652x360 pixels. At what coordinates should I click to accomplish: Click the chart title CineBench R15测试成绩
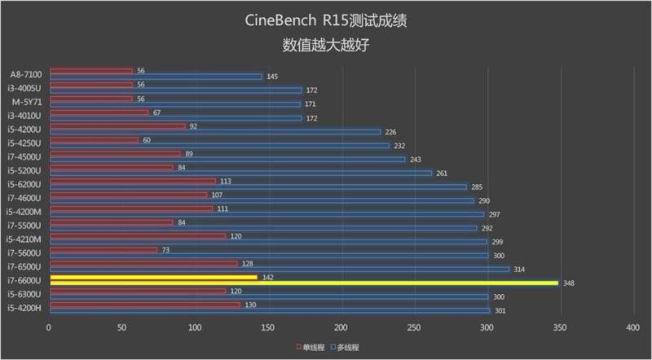point(325,20)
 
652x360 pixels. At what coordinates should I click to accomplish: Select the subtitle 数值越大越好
point(325,45)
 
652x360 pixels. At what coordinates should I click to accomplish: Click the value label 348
point(569,283)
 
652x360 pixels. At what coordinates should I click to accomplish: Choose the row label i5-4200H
point(25,307)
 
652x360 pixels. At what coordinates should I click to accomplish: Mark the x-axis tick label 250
point(413,327)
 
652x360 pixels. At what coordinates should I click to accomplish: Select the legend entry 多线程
point(347,347)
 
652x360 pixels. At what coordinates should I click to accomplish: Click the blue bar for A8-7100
point(155,77)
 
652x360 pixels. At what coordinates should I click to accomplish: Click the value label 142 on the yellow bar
point(268,277)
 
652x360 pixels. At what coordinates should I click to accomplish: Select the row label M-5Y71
point(27,102)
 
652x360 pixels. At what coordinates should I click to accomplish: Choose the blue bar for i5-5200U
point(240,173)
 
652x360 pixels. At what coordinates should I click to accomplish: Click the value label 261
point(442,173)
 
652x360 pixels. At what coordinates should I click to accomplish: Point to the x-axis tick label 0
point(49,327)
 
